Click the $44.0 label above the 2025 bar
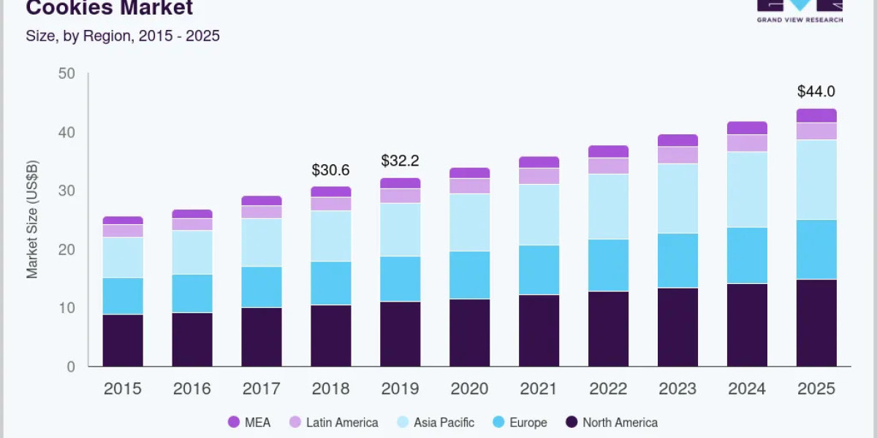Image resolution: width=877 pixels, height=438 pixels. [816, 91]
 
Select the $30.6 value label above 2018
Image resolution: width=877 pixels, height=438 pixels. [330, 170]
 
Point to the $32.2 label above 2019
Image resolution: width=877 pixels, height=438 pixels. [400, 161]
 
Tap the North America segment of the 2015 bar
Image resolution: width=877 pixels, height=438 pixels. [123, 340]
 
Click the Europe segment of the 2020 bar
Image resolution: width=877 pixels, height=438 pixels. [470, 275]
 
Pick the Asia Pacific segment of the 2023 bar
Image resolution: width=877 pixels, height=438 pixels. [677, 199]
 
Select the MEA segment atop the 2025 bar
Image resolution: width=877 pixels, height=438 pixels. [816, 115]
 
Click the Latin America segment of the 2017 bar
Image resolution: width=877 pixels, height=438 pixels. [262, 212]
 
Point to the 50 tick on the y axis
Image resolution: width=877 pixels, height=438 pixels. [67, 74]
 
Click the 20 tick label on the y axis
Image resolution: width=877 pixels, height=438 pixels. [67, 250]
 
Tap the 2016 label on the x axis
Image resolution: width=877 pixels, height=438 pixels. [192, 389]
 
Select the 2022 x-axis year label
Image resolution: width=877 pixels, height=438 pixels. [608, 389]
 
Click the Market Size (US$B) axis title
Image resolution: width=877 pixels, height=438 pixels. [32, 220]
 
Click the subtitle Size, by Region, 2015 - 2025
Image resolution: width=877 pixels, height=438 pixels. [123, 36]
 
